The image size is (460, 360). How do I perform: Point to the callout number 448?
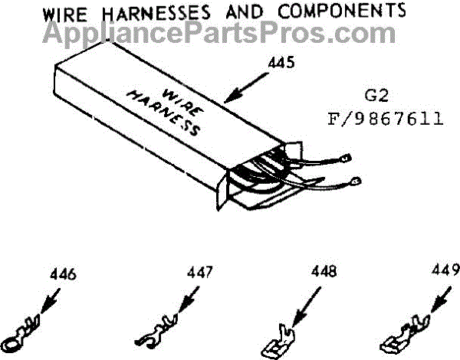click(320, 274)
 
